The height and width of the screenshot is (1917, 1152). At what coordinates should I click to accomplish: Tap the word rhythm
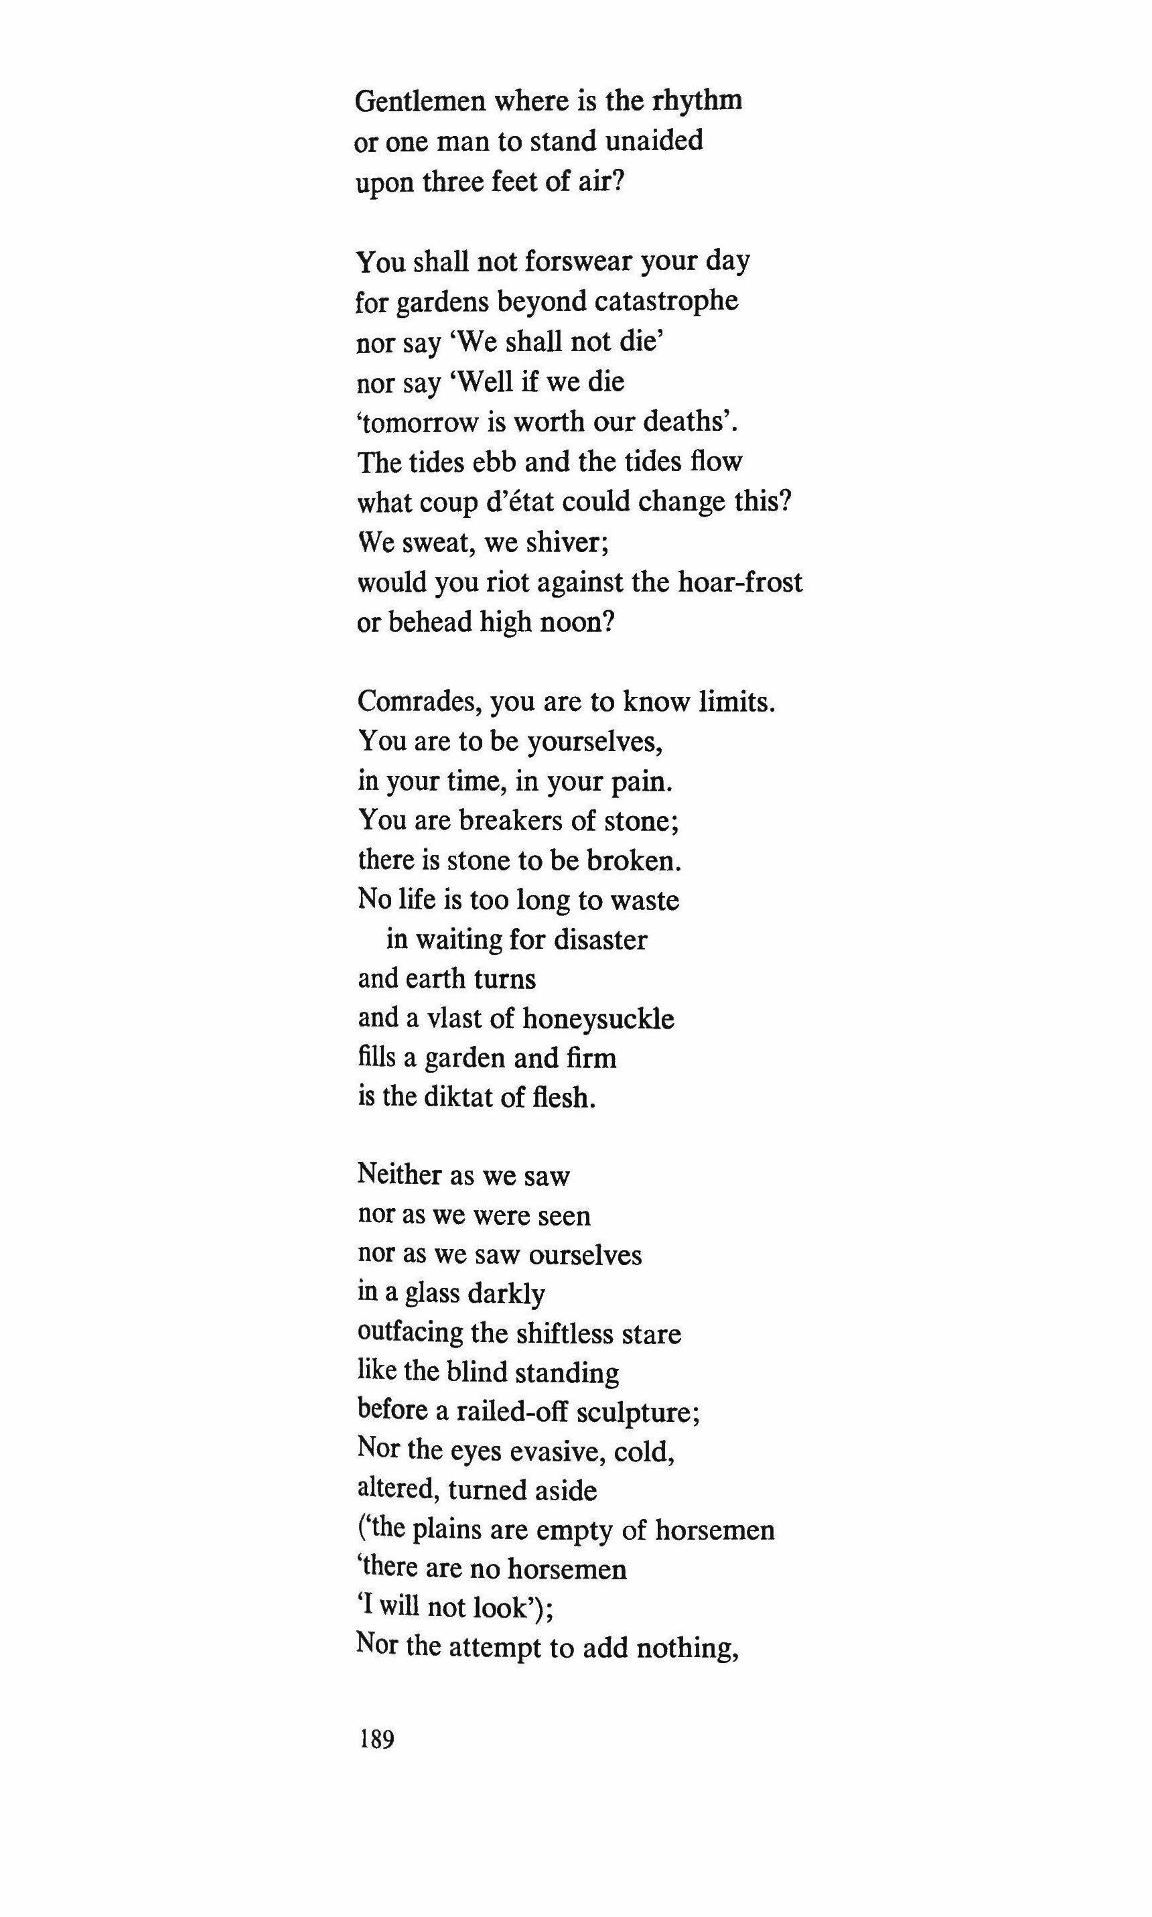tap(697, 101)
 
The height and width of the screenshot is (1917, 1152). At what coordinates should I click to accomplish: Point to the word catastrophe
tap(661, 302)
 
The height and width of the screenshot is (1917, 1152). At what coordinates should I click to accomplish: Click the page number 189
tap(377, 1740)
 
